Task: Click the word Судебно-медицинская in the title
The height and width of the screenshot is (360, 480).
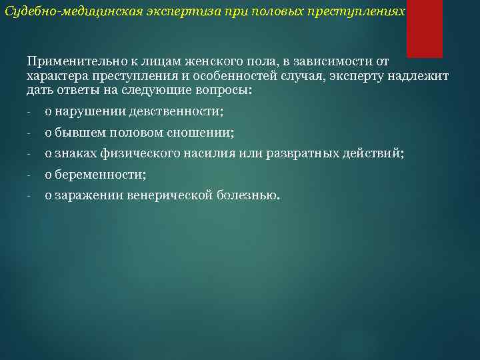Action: click(59, 13)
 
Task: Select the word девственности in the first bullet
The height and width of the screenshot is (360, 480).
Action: click(177, 112)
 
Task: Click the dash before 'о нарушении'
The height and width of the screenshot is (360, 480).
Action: click(29, 112)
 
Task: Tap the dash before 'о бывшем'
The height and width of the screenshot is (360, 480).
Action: click(29, 133)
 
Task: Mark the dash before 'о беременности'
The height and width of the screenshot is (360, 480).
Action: click(29, 175)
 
